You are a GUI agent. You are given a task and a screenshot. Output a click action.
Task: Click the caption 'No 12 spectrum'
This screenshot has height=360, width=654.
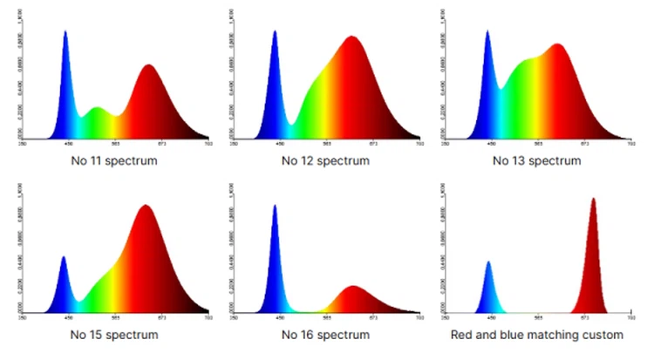(x=326, y=160)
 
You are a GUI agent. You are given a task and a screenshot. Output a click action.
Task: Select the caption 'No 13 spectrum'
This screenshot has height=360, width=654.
(x=537, y=160)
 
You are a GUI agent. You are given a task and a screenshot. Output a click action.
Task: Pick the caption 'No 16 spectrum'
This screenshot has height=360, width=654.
(x=326, y=335)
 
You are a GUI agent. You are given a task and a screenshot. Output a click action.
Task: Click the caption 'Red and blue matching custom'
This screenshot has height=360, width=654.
(x=537, y=335)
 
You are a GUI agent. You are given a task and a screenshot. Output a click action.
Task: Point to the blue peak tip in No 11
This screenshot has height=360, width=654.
(x=65, y=32)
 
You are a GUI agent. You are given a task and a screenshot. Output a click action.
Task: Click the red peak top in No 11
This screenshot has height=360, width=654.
(x=149, y=65)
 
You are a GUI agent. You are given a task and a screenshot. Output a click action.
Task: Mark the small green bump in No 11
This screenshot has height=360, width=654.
(x=97, y=108)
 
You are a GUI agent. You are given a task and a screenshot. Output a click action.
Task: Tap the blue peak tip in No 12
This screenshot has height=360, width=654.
(x=275, y=31)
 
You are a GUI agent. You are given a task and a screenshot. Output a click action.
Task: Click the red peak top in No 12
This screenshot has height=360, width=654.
(x=351, y=37)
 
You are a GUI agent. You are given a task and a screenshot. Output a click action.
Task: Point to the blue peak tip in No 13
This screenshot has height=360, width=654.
(x=487, y=31)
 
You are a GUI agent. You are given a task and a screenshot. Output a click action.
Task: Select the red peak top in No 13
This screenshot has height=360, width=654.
(x=558, y=44)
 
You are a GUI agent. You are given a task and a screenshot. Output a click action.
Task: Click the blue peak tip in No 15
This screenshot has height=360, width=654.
(x=63, y=256)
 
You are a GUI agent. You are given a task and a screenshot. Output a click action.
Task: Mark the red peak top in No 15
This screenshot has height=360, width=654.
(x=145, y=206)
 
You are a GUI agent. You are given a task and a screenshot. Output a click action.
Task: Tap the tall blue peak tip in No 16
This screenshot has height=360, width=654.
(x=275, y=206)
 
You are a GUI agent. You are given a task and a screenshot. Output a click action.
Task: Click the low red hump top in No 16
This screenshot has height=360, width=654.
(x=352, y=287)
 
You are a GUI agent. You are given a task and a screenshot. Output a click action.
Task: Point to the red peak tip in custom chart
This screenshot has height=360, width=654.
(x=593, y=199)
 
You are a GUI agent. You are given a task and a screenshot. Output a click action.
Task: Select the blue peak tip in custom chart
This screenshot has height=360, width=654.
(x=488, y=262)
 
